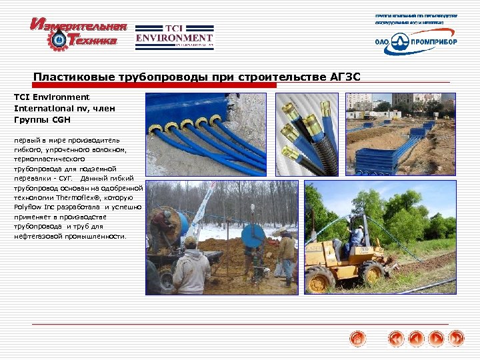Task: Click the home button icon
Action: coord(358,339)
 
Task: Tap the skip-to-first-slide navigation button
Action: coord(397,339)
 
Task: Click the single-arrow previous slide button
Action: coord(416,339)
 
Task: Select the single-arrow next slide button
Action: coord(437,339)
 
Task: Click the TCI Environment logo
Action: coord(174,37)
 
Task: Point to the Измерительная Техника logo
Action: coord(78,34)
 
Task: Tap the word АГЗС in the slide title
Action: coord(345,77)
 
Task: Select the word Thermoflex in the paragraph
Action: coord(97,198)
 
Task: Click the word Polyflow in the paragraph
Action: coord(27,207)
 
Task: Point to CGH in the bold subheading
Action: coord(60,120)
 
